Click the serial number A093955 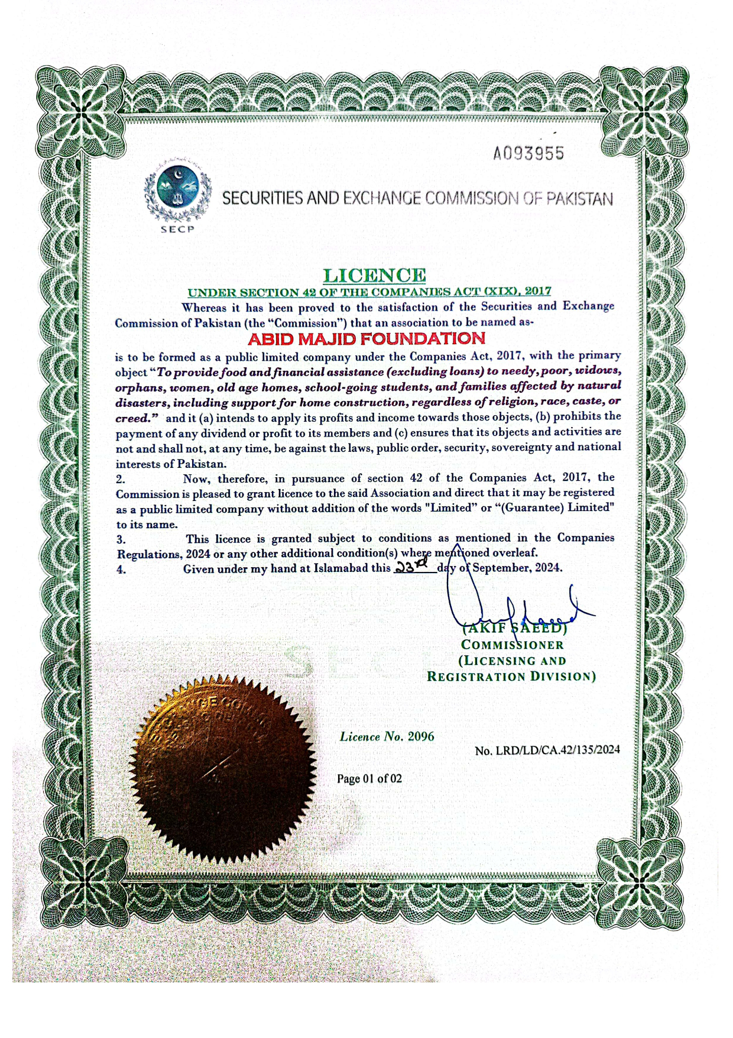(x=528, y=154)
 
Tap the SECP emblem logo (x=177, y=190)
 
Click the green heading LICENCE (x=374, y=275)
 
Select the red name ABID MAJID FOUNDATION (x=367, y=339)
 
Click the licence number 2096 (x=421, y=736)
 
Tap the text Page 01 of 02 (x=369, y=778)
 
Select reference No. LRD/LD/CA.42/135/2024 (x=547, y=750)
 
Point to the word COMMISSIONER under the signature (x=513, y=645)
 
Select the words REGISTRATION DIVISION (x=511, y=677)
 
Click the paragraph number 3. (x=121, y=539)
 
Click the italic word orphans (x=140, y=388)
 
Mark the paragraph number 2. (x=121, y=478)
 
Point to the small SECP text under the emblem (x=177, y=229)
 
